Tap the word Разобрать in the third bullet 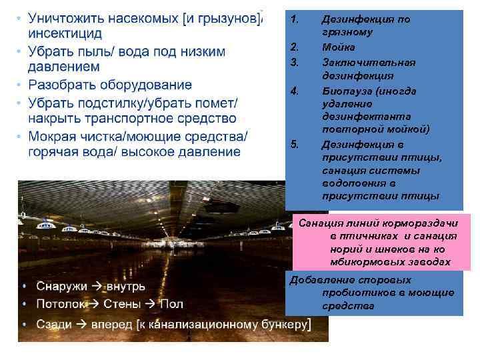coord(61,85)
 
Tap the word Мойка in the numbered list coord(338,47)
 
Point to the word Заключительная coord(368,62)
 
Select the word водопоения coord(351,183)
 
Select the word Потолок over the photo coord(61,304)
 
